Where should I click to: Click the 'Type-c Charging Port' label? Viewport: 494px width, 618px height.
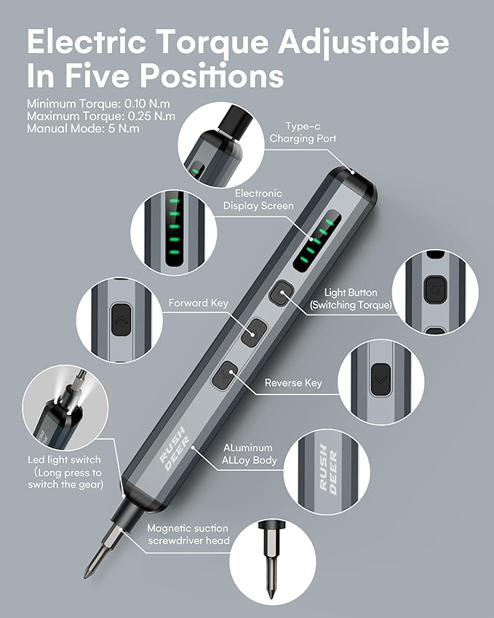(x=303, y=131)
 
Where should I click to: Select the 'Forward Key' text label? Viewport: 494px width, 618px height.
(x=199, y=303)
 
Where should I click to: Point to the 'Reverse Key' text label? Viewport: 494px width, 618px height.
(x=293, y=383)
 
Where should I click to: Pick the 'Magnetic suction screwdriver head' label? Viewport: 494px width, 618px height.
(x=188, y=534)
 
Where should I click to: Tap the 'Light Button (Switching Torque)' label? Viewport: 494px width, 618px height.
(x=351, y=298)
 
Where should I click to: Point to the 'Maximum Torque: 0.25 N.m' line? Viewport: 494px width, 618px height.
(x=100, y=116)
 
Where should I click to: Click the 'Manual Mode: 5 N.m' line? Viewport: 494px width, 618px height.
(x=82, y=128)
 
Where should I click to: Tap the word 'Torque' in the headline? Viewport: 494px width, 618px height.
(x=210, y=42)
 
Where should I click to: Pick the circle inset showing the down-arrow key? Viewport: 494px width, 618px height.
(x=381, y=379)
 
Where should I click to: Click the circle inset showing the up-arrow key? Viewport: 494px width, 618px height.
(x=118, y=318)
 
